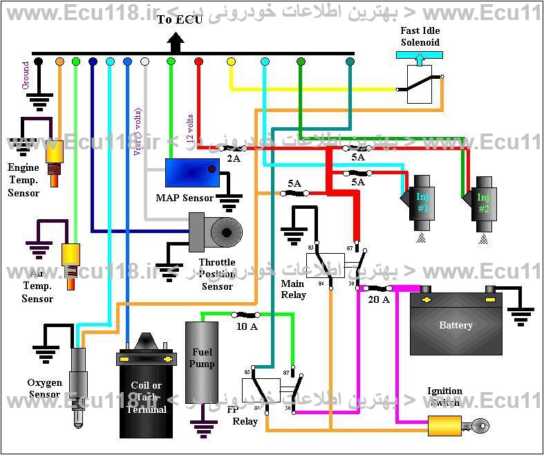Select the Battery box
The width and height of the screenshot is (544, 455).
[456, 324]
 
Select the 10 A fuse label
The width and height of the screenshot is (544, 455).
[247, 326]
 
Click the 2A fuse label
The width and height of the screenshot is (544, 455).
[233, 158]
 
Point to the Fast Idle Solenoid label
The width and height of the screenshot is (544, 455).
[420, 37]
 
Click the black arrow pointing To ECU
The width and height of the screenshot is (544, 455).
[176, 43]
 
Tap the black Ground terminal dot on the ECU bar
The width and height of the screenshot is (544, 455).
[39, 62]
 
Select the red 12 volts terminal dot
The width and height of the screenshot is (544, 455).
[198, 62]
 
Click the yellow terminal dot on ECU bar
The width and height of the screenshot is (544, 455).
[231, 62]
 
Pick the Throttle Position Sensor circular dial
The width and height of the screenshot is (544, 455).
[226, 231]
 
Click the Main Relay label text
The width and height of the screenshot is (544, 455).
[293, 289]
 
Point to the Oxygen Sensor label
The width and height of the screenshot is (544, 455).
[44, 389]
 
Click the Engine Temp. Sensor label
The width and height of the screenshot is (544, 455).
[24, 180]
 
